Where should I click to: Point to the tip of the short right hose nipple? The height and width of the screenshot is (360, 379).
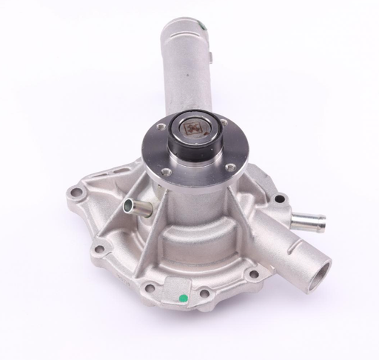[322, 220]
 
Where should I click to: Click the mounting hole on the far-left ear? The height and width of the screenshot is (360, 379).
[75, 195]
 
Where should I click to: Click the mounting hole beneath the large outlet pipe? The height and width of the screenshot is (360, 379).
[255, 274]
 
